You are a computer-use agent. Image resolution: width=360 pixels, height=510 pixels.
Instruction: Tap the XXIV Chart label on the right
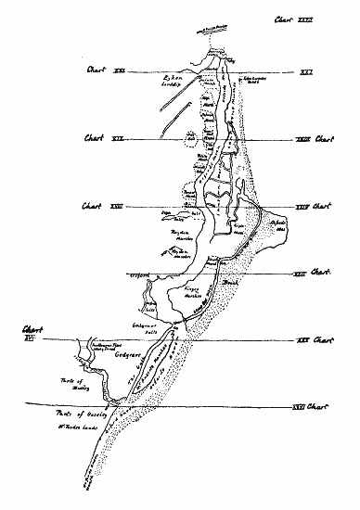point(311,205)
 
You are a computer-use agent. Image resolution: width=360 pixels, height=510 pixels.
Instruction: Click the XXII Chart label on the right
point(311,273)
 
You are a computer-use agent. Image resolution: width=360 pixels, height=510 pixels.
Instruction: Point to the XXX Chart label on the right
point(311,341)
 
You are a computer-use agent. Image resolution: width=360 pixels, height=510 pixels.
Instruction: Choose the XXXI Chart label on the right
point(311,406)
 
